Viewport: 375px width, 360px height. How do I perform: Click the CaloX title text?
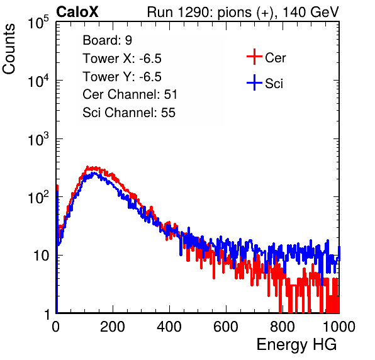[x=77, y=12]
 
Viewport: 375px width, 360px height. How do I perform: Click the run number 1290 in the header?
[x=193, y=12]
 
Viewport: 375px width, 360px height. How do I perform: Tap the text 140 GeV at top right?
[x=311, y=12]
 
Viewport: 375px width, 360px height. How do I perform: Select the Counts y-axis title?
[x=9, y=49]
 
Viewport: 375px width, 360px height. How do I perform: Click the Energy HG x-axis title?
[x=296, y=345]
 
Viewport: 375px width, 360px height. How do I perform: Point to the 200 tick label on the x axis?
[x=113, y=327]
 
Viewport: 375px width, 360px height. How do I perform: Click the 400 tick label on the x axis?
[x=169, y=327]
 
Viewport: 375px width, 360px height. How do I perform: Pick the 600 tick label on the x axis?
[x=226, y=327]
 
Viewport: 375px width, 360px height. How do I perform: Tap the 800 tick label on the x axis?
[x=283, y=327]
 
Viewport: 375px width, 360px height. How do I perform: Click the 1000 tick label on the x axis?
[x=339, y=327]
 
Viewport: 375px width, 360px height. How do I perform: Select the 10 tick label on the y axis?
[x=42, y=256]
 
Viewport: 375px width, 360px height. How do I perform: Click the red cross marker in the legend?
[x=254, y=57]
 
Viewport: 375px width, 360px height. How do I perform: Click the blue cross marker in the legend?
[x=254, y=82]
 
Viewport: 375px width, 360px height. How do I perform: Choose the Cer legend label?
[x=275, y=58]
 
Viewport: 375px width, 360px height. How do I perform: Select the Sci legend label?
[x=274, y=84]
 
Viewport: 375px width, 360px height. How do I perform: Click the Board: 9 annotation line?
[x=108, y=40]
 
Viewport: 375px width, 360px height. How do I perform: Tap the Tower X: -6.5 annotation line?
[x=122, y=59]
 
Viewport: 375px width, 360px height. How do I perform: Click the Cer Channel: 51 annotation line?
[x=130, y=94]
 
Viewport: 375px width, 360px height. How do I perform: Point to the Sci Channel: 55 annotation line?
[x=129, y=113]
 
